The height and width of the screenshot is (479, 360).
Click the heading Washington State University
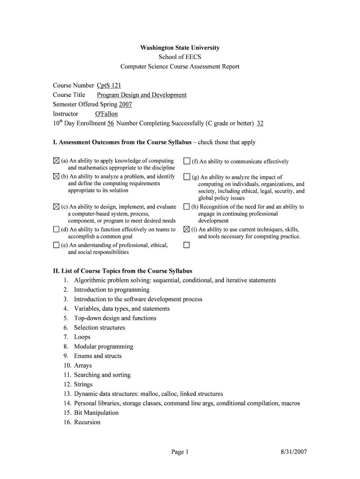point(180,48)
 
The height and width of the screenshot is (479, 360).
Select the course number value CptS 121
point(109,86)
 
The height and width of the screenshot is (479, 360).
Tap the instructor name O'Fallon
point(106,114)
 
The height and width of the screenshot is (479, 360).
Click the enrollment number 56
point(111,123)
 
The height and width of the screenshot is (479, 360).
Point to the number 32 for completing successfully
point(260,123)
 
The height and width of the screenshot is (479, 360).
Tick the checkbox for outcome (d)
point(56,230)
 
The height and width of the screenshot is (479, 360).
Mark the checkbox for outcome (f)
point(187,161)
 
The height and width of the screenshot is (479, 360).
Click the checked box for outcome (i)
point(187,230)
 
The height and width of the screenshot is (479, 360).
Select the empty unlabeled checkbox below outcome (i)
point(187,245)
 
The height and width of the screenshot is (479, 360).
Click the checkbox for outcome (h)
point(187,207)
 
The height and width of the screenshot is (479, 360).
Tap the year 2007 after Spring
point(125,104)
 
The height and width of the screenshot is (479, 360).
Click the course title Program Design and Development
point(141,95)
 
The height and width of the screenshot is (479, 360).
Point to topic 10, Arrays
point(83,365)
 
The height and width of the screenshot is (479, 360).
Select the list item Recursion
point(87,422)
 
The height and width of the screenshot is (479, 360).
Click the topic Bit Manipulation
point(96,413)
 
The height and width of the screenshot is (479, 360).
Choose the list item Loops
point(82,337)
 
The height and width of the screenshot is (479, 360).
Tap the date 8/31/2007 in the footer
point(294,452)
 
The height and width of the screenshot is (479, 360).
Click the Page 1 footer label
point(180,452)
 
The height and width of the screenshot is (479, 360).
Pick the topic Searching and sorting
point(102,375)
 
